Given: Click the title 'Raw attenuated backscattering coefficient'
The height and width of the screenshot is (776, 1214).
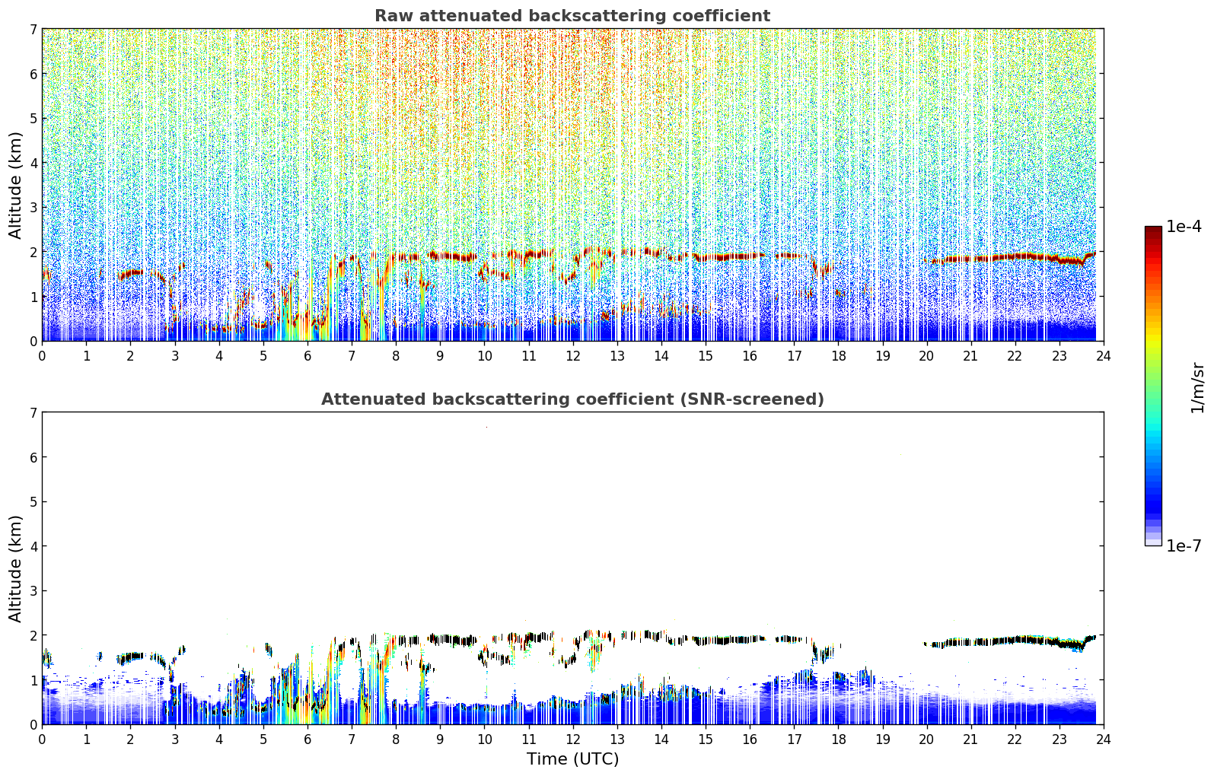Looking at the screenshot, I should (x=572, y=16).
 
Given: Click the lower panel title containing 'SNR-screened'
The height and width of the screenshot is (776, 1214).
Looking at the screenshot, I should (x=572, y=399).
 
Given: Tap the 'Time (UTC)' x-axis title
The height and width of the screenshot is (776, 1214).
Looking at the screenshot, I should (x=572, y=759).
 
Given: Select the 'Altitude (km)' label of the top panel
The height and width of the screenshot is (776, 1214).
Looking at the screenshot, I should (x=15, y=185).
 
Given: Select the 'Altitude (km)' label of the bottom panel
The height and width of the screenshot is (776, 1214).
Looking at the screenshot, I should (x=15, y=568).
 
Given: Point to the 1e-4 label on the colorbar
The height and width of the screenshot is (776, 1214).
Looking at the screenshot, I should (x=1184, y=227).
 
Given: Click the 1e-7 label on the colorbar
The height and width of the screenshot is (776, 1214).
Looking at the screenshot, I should (x=1184, y=546).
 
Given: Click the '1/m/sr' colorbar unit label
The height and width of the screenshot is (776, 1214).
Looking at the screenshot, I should (x=1196, y=387).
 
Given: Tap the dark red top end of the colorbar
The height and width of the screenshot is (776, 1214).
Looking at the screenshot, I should (x=1153, y=230).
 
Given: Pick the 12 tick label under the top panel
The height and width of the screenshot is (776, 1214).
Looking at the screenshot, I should (x=572, y=356).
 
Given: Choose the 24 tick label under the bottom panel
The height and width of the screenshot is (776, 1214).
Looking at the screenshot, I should (x=1103, y=739).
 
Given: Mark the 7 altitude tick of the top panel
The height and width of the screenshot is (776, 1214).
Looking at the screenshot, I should (x=33, y=30).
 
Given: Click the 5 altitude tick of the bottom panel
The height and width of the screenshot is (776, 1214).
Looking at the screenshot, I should (x=33, y=502).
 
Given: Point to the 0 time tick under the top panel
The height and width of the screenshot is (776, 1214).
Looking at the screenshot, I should (x=42, y=356).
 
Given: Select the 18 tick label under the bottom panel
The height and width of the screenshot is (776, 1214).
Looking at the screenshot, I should (x=838, y=739).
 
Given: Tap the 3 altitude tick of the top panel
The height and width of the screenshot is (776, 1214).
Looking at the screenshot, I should (x=33, y=208).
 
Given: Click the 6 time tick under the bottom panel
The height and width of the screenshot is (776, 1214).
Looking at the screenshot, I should (x=307, y=739).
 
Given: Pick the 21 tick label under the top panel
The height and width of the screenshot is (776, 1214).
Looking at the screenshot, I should (x=970, y=356).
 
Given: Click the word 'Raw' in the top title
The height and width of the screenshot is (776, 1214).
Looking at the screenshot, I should (x=391, y=16).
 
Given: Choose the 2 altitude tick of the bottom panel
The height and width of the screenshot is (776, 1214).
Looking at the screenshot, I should (x=33, y=635).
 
